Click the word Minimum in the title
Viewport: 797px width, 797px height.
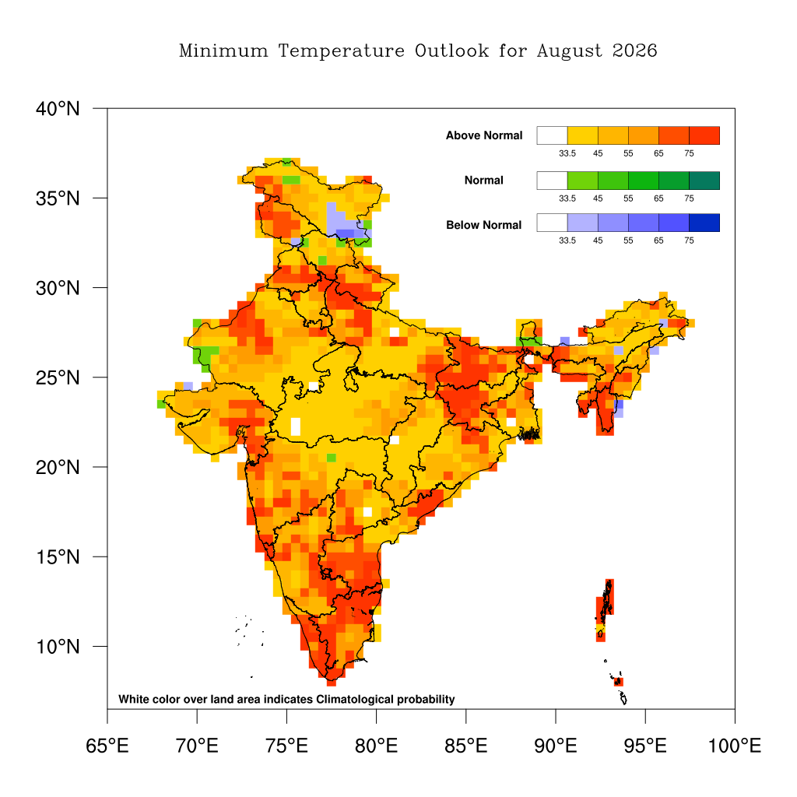(223, 51)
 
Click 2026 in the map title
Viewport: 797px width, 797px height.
(634, 51)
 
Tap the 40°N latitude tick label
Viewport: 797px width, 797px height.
(58, 109)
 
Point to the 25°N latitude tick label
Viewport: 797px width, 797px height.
(58, 377)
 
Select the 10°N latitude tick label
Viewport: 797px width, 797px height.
(58, 647)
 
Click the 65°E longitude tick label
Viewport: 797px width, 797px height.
(107, 746)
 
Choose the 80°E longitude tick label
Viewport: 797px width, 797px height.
(376, 746)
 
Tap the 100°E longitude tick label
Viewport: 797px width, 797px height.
(735, 746)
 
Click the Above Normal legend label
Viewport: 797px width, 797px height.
(484, 135)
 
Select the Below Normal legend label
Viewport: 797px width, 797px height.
(484, 225)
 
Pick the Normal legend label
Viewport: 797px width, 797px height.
(484, 181)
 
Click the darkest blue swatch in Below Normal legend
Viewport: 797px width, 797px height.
(704, 223)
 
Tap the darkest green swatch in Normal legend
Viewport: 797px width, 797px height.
(704, 181)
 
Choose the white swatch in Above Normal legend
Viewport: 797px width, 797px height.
(552, 135)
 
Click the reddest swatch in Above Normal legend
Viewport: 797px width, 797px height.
(704, 135)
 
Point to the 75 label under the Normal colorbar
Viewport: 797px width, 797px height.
(690, 198)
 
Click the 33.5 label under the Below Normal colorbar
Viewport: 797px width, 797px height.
(567, 241)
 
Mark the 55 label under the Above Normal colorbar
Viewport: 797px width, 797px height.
(628, 153)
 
